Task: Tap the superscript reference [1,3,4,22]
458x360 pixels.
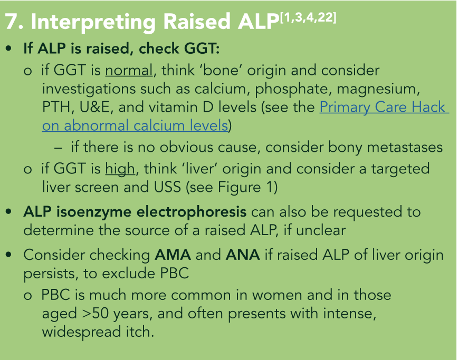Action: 308,18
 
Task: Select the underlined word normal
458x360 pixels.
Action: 129,71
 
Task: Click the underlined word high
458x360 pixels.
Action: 120,170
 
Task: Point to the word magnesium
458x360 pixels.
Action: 378,90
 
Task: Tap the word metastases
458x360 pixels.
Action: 405,148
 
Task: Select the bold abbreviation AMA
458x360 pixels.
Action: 173,255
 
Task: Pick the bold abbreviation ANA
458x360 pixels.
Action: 243,255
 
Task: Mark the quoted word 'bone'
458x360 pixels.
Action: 220,71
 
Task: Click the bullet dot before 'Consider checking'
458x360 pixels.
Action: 9,255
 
